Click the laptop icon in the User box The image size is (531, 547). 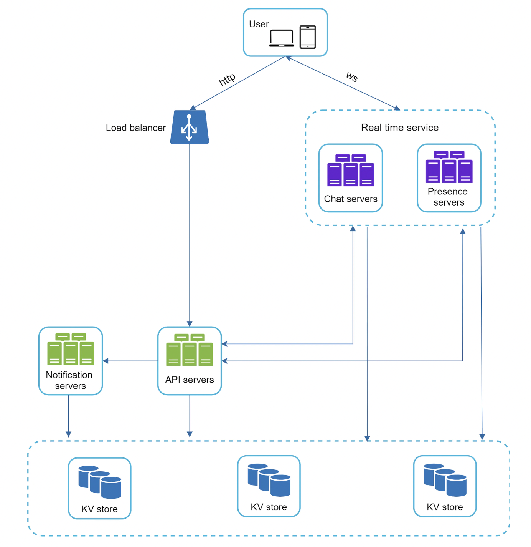click(281, 38)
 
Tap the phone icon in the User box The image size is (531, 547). click(307, 37)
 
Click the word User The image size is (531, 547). click(259, 24)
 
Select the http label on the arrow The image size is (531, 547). click(227, 79)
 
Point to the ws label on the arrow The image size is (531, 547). click(352, 76)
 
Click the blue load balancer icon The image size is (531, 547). click(190, 127)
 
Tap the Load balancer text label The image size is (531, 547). click(135, 128)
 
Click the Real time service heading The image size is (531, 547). click(399, 128)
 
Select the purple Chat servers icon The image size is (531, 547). click(350, 170)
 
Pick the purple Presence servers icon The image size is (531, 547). click(449, 167)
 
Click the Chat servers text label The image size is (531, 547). click(351, 199)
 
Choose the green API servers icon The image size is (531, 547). click(190, 350)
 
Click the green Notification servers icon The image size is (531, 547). click(71, 349)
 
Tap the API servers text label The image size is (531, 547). click(190, 380)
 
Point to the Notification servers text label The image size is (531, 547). click(69, 380)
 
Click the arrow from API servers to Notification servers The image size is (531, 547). click(130, 361)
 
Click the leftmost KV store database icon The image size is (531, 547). click(100, 482)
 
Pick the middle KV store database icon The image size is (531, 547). click(269, 480)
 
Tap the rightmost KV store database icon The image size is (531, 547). click(445, 480)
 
